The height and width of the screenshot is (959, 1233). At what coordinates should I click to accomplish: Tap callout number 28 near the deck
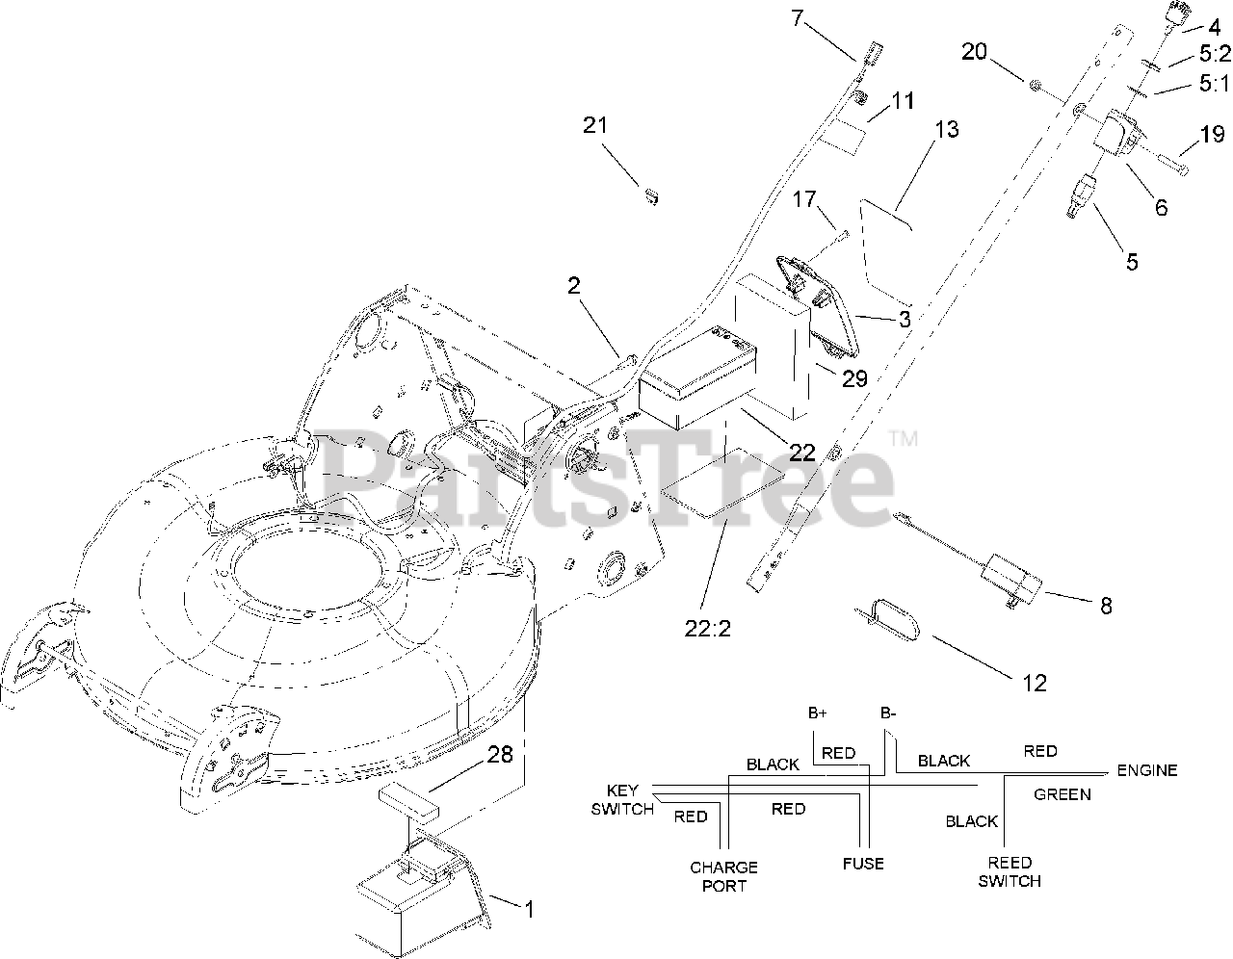[x=499, y=754]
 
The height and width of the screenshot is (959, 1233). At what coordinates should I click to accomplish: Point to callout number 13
[x=947, y=128]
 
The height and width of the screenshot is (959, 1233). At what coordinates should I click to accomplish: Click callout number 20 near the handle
[x=975, y=51]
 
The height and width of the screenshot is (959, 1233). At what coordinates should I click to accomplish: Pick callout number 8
[x=1105, y=606]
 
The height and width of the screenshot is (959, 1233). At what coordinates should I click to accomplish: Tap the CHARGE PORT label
[x=723, y=876]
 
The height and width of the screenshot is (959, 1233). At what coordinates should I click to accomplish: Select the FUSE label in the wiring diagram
[x=862, y=864]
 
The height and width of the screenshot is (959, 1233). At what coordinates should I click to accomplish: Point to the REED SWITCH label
[x=1010, y=871]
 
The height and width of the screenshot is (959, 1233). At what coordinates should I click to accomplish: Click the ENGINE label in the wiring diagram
[x=1146, y=770]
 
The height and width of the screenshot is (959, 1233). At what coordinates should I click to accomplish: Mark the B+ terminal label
[x=818, y=713]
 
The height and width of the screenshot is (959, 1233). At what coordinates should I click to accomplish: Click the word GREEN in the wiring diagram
[x=1062, y=794]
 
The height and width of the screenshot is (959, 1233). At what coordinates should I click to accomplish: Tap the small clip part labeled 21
[x=651, y=196]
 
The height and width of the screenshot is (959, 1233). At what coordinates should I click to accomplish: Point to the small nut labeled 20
[x=1033, y=87]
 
